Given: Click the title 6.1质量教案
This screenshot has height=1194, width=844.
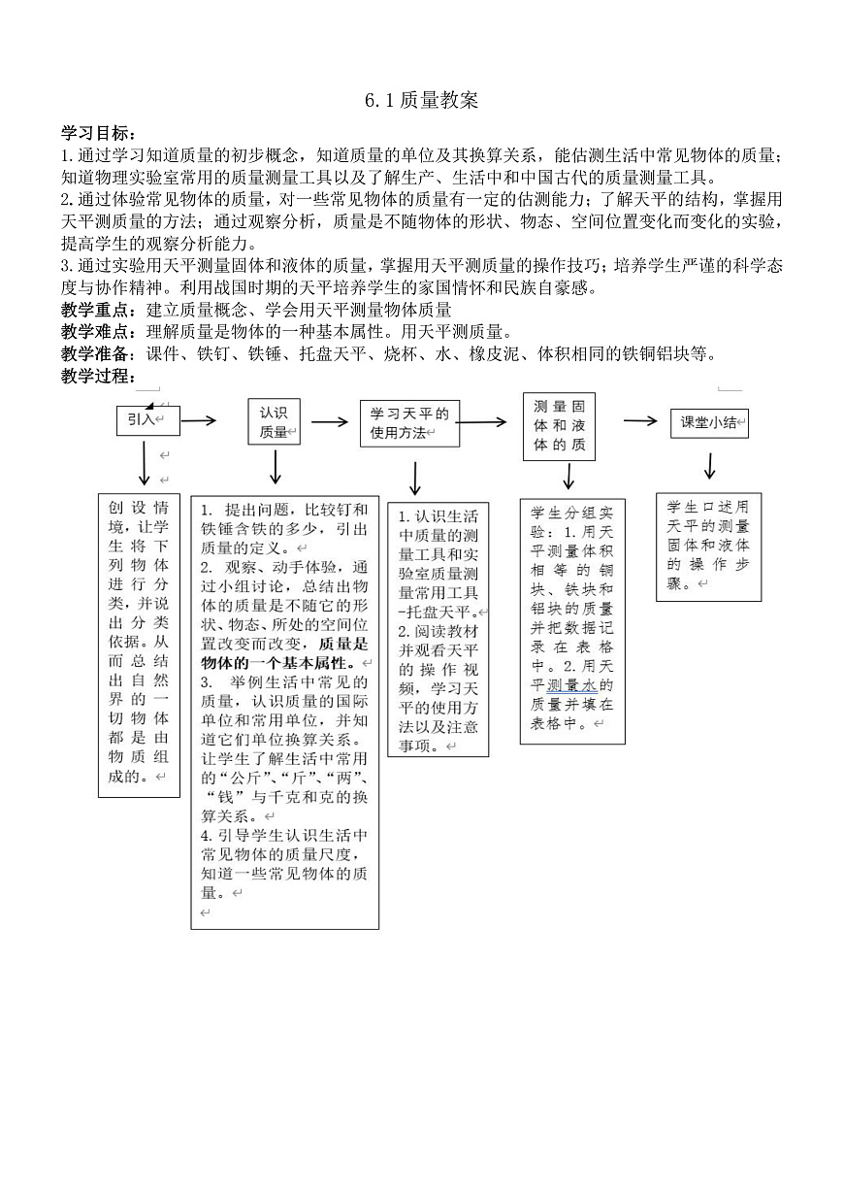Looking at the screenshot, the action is [x=422, y=101].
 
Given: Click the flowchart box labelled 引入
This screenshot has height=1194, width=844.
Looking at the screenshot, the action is [x=145, y=419].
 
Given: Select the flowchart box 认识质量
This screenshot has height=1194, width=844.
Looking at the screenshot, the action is [x=275, y=422].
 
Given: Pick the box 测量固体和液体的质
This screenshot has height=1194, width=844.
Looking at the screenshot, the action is [x=560, y=426].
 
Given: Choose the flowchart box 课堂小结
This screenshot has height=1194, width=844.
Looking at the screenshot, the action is [x=709, y=422].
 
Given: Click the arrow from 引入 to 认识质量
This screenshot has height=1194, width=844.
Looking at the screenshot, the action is [x=198, y=420].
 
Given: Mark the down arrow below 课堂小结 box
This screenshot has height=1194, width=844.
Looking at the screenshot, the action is [x=709, y=466].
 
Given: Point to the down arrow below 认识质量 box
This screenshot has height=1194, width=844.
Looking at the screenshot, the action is [x=276, y=468].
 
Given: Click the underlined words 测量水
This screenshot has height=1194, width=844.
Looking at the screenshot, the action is [x=572, y=685].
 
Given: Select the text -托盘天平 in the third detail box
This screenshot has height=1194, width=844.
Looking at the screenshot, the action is [x=436, y=613].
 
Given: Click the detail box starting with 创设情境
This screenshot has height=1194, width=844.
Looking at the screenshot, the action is [x=139, y=645].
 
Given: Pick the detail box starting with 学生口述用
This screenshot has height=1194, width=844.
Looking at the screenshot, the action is [x=707, y=546].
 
